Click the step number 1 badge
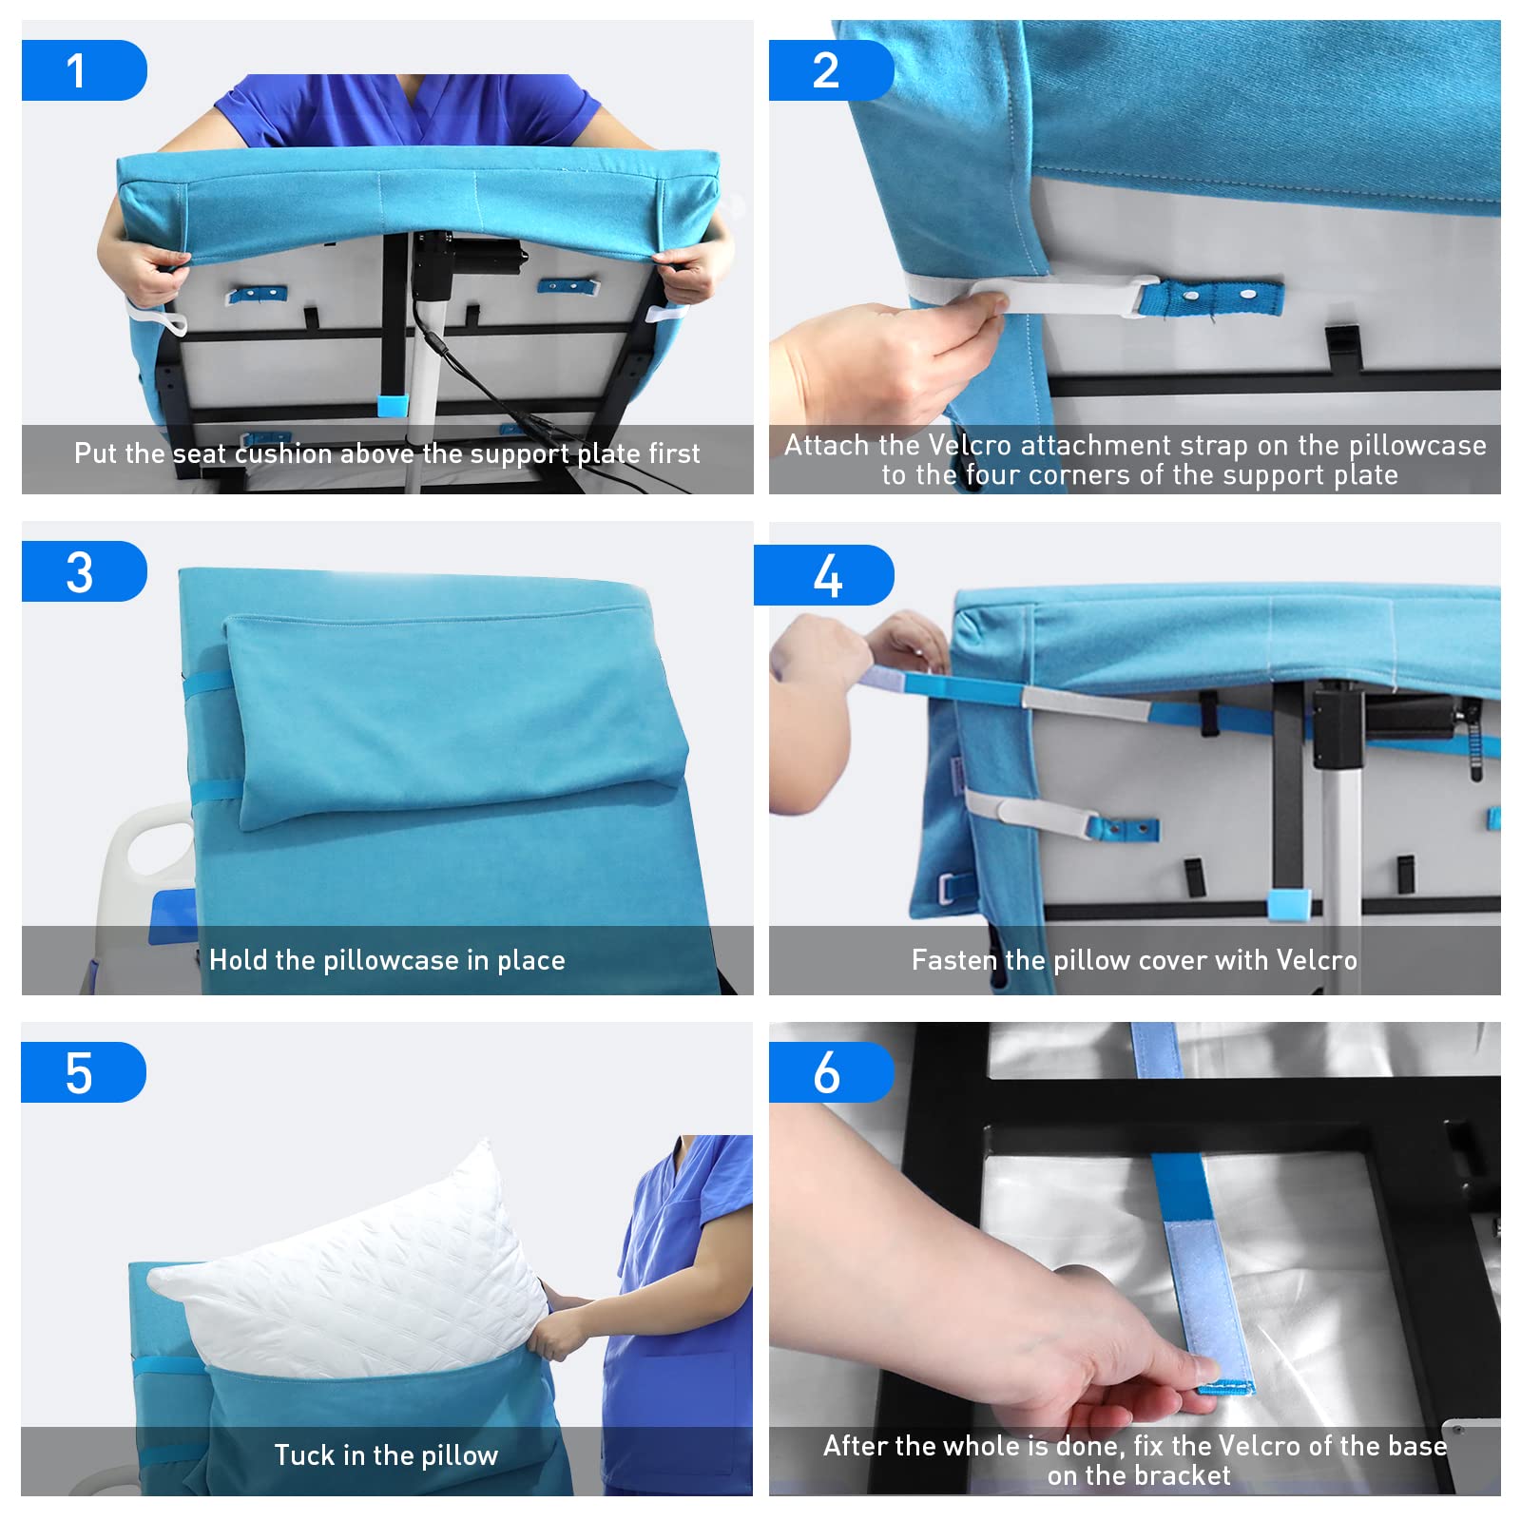coord(84,70)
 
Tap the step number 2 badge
coord(831,70)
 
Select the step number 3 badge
coord(84,571)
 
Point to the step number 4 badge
coord(824,575)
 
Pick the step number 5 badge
coord(84,1072)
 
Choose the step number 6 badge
coord(831,1072)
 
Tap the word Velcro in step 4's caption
coord(1317,960)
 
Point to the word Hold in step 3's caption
coord(237,960)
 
